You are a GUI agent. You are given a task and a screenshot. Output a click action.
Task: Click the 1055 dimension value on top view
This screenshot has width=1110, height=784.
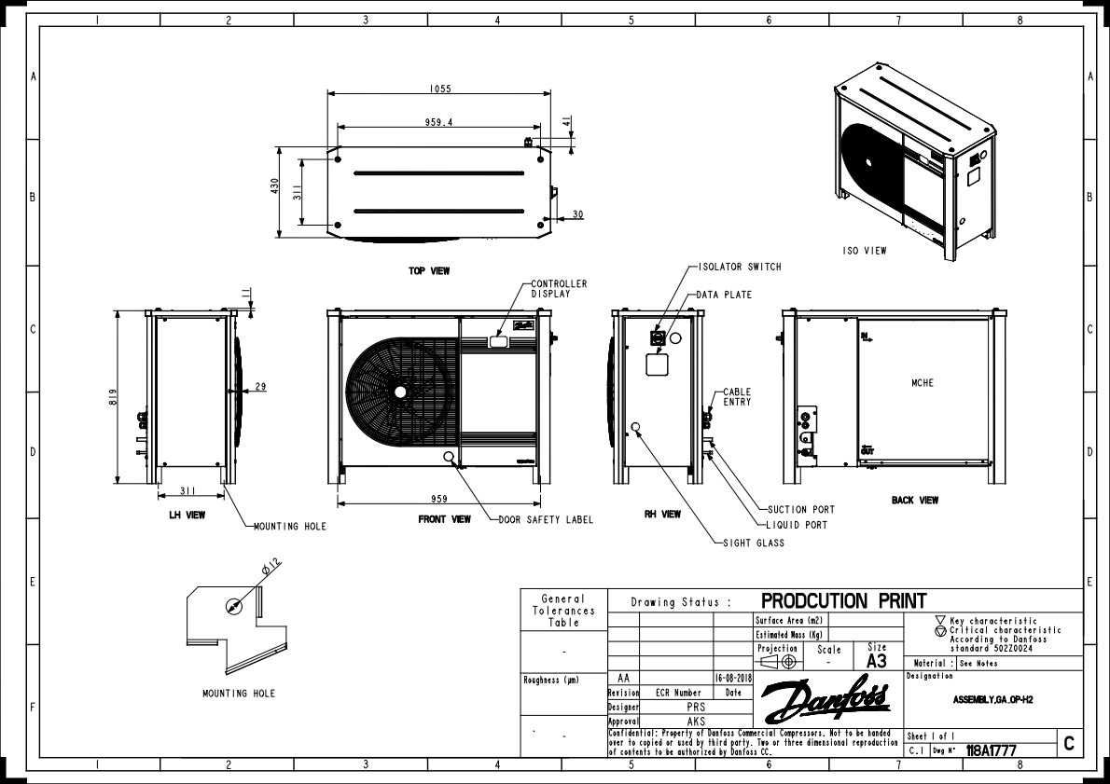click(440, 89)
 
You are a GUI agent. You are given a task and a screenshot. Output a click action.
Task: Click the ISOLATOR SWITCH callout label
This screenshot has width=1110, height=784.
click(740, 267)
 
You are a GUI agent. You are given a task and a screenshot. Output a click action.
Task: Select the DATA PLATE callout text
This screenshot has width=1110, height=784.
click(724, 295)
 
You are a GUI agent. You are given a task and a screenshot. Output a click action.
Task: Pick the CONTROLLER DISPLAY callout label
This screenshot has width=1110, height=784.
click(559, 288)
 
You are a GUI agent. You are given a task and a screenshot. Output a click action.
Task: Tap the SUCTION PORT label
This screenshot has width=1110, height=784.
click(800, 510)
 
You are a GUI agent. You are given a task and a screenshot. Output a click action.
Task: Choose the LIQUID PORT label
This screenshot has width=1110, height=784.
click(797, 525)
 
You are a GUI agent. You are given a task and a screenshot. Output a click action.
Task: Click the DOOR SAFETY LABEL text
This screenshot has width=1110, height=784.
click(546, 520)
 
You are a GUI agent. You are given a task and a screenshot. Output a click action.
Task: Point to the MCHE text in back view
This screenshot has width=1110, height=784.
click(923, 383)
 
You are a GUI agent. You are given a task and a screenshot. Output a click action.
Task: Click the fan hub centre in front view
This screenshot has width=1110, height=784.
click(400, 392)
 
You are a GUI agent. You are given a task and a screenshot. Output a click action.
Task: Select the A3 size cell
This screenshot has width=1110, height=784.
click(876, 661)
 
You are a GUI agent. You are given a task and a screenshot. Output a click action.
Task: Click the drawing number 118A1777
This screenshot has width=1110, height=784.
click(992, 750)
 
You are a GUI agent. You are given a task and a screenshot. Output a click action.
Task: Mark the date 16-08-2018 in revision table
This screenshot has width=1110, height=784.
click(732, 680)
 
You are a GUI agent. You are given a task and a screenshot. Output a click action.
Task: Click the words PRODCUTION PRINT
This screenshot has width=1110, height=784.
click(844, 600)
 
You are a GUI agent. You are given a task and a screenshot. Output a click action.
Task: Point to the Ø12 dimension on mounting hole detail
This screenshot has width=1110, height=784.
click(271, 567)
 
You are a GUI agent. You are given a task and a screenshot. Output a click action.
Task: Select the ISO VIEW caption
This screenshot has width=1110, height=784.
click(864, 251)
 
